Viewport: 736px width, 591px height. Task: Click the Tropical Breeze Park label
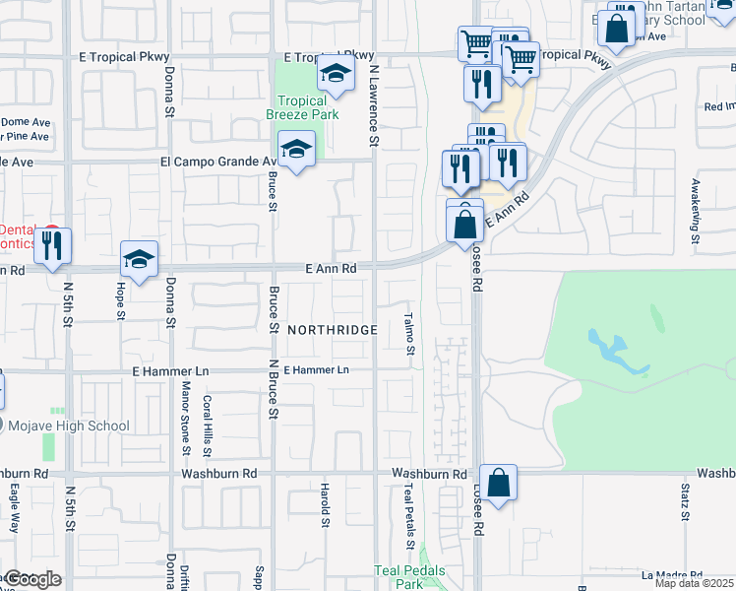(307, 107)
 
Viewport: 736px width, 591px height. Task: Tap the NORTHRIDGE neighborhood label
(333, 330)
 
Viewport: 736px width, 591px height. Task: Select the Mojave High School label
(68, 427)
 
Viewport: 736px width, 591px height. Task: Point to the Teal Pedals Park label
(409, 577)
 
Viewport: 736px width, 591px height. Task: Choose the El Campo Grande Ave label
(219, 162)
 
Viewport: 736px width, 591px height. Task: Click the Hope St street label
(121, 300)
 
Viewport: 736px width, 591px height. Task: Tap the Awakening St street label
(694, 218)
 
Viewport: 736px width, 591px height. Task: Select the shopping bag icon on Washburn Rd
(499, 484)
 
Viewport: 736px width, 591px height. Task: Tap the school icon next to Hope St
(139, 260)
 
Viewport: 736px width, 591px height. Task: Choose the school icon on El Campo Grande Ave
(296, 150)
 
